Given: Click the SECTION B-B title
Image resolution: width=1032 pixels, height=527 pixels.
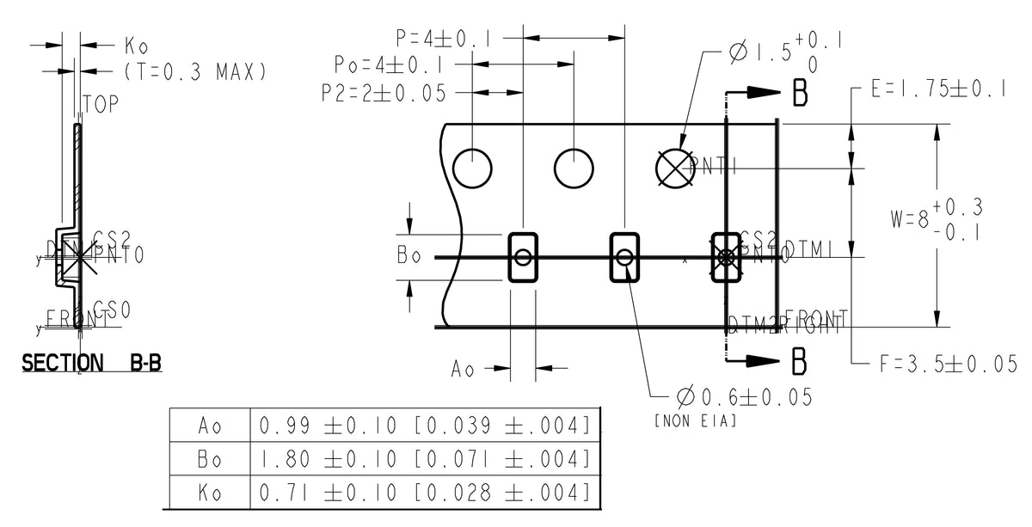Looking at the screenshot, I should pyautogui.click(x=91, y=364).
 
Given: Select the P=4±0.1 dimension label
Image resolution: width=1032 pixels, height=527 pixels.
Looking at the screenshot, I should pyautogui.click(x=445, y=39).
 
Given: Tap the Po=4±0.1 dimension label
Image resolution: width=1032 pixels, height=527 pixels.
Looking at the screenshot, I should pyautogui.click(x=389, y=65).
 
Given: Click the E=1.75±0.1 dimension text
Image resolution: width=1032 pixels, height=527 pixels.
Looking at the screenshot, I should pyautogui.click(x=938, y=90).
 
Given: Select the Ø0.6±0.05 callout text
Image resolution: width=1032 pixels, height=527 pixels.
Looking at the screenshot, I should pyautogui.click(x=744, y=397).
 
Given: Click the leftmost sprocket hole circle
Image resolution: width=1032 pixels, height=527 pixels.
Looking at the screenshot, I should pyautogui.click(x=472, y=168).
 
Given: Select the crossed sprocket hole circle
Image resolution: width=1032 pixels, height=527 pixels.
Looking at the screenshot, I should pyautogui.click(x=675, y=168).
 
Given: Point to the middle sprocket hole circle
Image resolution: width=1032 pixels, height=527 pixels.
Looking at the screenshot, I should pyautogui.click(x=574, y=168).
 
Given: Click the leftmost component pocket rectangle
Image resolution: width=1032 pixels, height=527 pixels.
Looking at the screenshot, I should pyautogui.click(x=523, y=256).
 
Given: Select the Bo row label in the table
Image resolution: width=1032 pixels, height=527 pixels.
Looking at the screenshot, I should pyautogui.click(x=209, y=459).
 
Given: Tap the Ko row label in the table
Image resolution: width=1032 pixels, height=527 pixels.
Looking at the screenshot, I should pyautogui.click(x=209, y=493).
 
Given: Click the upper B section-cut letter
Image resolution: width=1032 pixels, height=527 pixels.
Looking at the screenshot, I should pyautogui.click(x=799, y=95).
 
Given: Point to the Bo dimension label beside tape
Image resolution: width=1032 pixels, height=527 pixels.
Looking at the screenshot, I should pyautogui.click(x=409, y=257).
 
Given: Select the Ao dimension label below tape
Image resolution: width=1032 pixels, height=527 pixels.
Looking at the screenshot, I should pyautogui.click(x=463, y=369).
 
